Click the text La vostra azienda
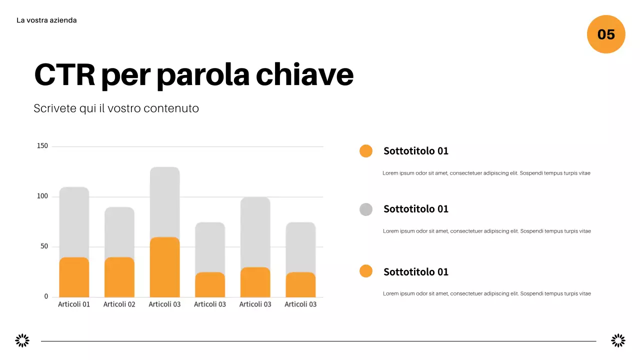tap(46, 20)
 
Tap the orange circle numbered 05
tap(606, 34)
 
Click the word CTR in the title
tap(64, 75)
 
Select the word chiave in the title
tap(304, 75)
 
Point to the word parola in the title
tap(202, 75)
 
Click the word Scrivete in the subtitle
tap(55, 108)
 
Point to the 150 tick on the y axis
tap(42, 146)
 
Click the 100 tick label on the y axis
tap(42, 196)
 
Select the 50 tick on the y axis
tap(44, 246)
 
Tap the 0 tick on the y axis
tap(46, 296)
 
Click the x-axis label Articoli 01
tap(74, 304)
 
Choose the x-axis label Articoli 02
tap(119, 304)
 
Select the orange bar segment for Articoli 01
tap(74, 277)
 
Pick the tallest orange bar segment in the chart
tap(164, 267)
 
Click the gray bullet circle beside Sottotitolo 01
tap(366, 209)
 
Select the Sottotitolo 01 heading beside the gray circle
tap(416, 209)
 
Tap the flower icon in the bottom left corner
tap(22, 341)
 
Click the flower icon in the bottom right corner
tap(618, 341)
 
